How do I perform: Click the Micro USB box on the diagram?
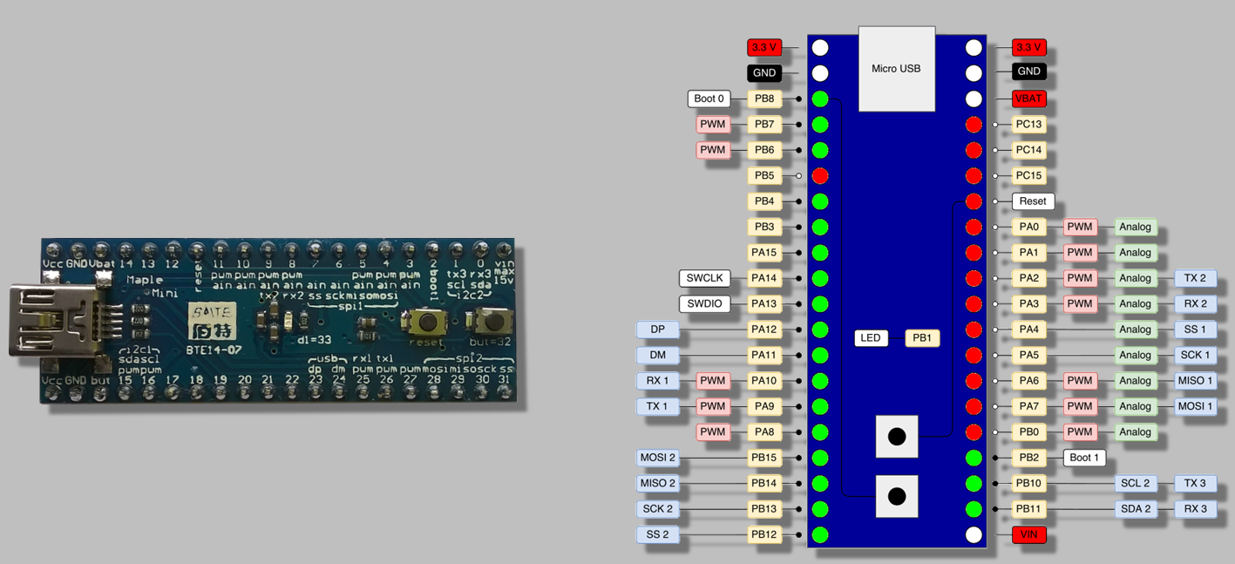(896, 69)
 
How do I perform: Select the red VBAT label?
(1028, 99)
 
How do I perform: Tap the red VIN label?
(1028, 534)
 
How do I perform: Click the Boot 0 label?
(709, 99)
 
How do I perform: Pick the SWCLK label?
(704, 278)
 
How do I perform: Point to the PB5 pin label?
(764, 176)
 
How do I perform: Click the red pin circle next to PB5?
(820, 176)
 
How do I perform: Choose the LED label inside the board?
(871, 338)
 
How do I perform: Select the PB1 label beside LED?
(922, 338)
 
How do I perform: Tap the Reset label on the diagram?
(1033, 201)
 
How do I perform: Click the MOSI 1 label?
(1195, 406)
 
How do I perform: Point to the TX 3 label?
(1195, 483)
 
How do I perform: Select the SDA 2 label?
(1135, 509)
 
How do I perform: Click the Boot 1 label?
(1084, 458)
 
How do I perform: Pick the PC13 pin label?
(1028, 125)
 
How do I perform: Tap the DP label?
(658, 330)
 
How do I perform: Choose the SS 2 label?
(658, 534)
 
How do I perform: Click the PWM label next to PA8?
(713, 432)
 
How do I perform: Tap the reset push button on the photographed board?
(427, 323)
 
